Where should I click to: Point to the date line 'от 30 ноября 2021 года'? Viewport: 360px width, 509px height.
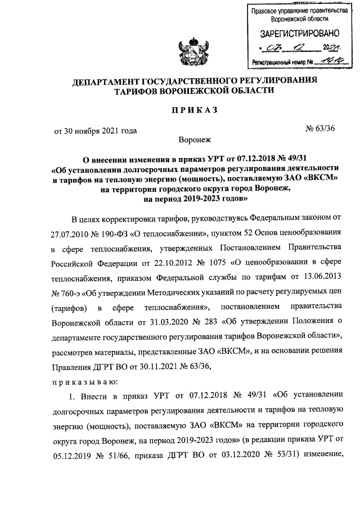95,131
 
